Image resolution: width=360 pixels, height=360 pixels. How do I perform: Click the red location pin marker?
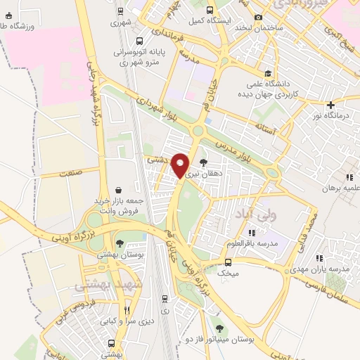coord(181,165)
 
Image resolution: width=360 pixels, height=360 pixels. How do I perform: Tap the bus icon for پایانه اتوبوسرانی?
coord(139,41)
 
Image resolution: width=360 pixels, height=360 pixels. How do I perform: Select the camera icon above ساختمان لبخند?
coord(258,17)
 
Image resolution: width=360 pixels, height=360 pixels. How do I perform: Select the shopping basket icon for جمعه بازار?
coord(117,190)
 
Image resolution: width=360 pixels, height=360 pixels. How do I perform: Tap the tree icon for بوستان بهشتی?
coord(120,244)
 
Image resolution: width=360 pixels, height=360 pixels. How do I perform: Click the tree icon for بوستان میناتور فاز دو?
coord(220,328)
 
